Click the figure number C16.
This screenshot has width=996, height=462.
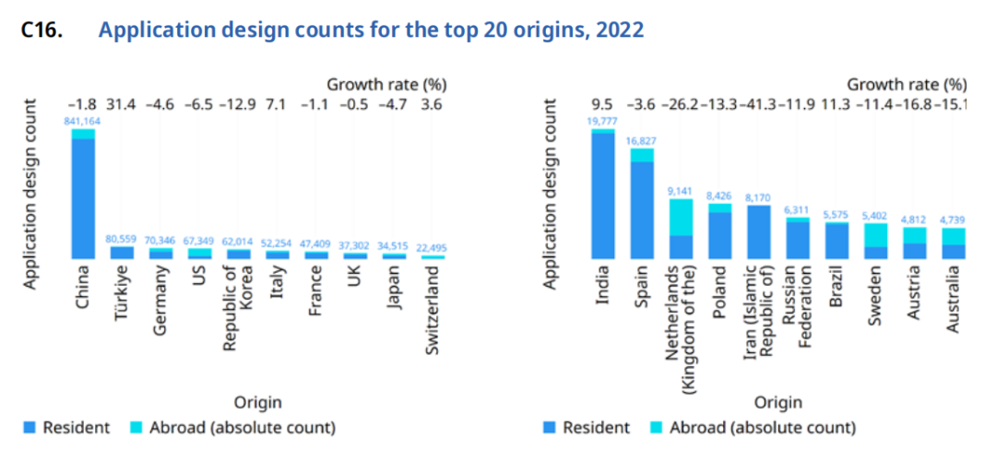pyautogui.click(x=41, y=30)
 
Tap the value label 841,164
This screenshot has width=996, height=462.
pyautogui.click(x=83, y=120)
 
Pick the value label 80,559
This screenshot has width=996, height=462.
pyautogui.click(x=122, y=239)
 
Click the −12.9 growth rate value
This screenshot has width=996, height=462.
pyautogui.click(x=237, y=104)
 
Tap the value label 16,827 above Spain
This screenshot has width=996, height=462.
pyautogui.click(x=642, y=141)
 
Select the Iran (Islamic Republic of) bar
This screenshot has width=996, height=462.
pyautogui.click(x=758, y=231)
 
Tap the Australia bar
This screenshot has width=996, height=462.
pyautogui.click(x=953, y=243)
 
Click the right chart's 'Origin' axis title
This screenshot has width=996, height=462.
pyautogui.click(x=778, y=402)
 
